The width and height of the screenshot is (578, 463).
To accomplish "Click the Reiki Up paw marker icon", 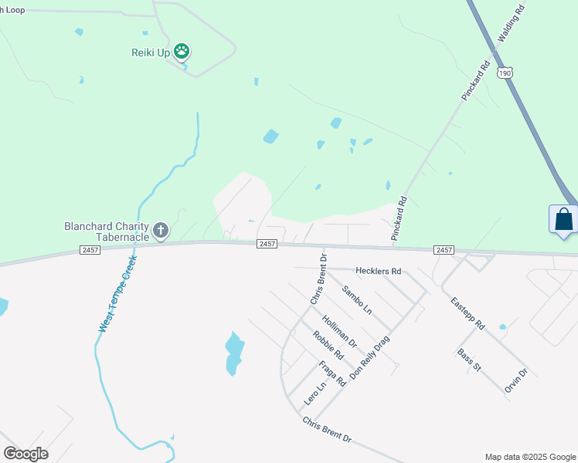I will point(182,52).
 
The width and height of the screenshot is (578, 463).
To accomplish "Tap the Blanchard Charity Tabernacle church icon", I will point(161,230).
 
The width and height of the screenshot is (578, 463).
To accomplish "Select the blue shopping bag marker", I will point(563,219).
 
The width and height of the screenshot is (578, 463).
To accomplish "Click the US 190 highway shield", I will point(505,73).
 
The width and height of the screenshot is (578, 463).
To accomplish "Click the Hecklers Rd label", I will point(379,272).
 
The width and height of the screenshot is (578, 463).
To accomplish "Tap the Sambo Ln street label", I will point(357,299).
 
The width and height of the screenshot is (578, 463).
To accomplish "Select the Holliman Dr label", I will point(340,330).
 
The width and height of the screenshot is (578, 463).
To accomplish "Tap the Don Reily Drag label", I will point(370,357).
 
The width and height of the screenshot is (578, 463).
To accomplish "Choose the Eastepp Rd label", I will point(467,315).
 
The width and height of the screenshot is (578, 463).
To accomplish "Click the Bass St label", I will point(469,360).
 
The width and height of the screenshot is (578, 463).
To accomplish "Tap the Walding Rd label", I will point(512,22).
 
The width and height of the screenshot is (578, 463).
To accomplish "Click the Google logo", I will point(25,454).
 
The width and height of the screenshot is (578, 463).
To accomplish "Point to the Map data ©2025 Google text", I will point(529,457).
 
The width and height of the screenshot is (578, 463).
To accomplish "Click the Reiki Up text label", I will point(151,52).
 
